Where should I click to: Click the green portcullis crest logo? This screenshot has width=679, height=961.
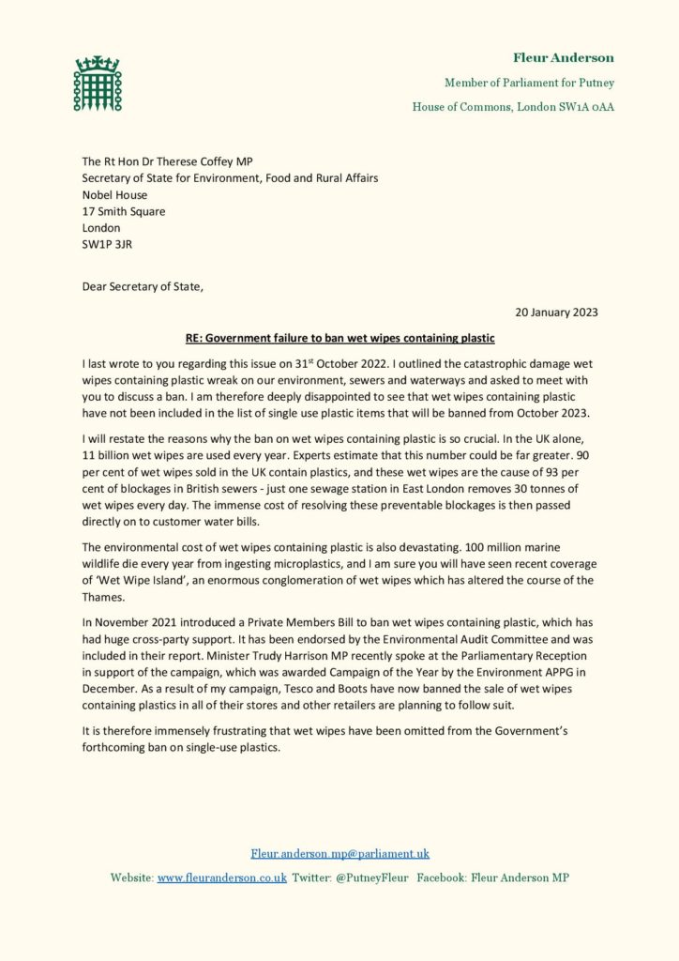98,83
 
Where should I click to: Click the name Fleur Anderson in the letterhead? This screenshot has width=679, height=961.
563,58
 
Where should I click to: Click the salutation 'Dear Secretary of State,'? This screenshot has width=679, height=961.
142,286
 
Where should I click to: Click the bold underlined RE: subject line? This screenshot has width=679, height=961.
339,337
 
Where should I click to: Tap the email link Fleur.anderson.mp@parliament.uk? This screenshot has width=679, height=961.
339,853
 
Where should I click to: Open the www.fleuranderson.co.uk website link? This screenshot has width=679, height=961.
221,877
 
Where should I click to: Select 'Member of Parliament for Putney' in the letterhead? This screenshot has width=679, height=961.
529,84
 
